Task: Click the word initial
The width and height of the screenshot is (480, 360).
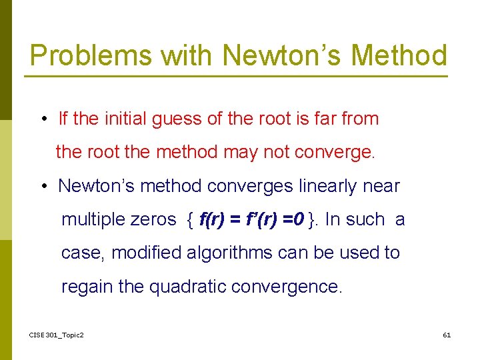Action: [125, 119]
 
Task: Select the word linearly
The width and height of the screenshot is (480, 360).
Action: [329, 186]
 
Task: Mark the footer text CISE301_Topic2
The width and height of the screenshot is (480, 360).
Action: [57, 335]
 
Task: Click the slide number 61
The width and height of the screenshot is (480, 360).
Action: [447, 335]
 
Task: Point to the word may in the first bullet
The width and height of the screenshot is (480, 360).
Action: [241, 153]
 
